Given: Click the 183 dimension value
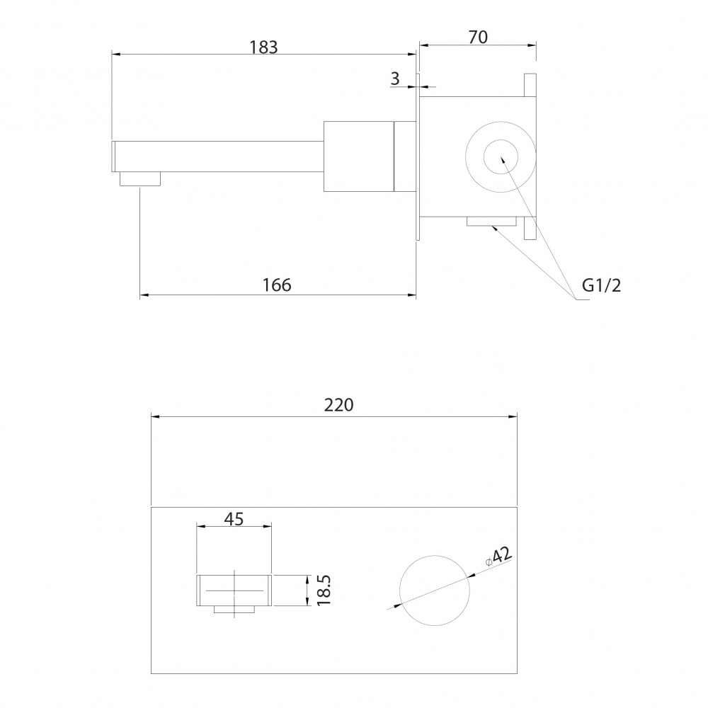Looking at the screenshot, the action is click(x=263, y=47).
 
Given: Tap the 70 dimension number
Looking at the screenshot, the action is click(x=478, y=38).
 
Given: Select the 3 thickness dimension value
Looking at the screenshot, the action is click(x=395, y=79).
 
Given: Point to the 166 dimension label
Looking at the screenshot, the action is click(x=277, y=285).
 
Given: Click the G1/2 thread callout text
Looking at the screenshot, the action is click(x=601, y=285).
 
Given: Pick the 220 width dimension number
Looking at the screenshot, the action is click(x=338, y=405).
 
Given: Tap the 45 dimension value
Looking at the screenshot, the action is click(x=234, y=519).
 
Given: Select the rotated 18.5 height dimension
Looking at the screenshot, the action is click(x=324, y=590).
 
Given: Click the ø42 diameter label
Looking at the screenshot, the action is click(x=498, y=556).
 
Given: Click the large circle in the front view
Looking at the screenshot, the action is click(x=399, y=590).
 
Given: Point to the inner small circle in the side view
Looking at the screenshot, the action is click(x=484, y=156).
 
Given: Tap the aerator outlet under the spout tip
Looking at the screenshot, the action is click(x=140, y=179).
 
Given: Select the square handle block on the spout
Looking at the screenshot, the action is click(x=359, y=156).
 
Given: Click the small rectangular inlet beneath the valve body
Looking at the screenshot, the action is click(x=492, y=221).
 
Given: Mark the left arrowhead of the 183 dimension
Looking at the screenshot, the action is click(x=115, y=55).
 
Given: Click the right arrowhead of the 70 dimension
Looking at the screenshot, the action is click(x=532, y=45).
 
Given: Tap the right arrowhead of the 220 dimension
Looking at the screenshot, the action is click(x=513, y=416).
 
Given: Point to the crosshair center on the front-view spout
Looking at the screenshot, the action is click(x=234, y=590).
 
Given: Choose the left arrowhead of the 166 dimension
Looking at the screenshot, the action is click(x=144, y=295).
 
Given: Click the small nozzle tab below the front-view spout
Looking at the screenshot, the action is click(x=234, y=609).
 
